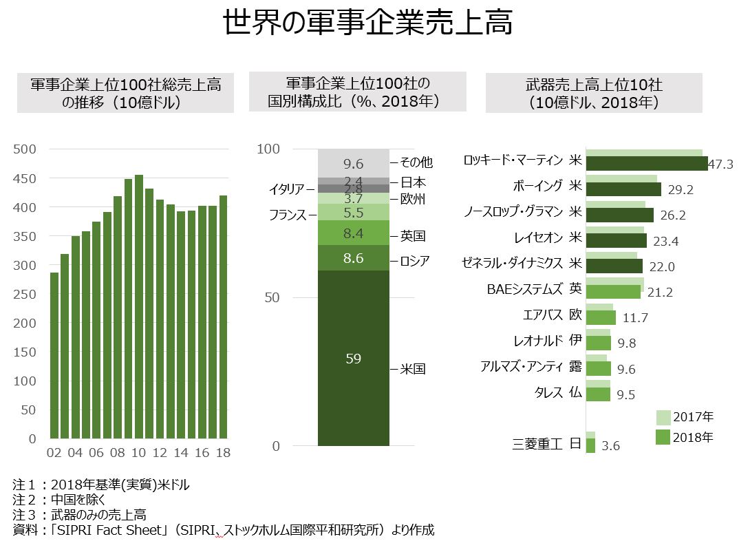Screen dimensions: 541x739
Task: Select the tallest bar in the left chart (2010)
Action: click(x=139, y=306)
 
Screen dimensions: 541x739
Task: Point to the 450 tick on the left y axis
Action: click(x=27, y=178)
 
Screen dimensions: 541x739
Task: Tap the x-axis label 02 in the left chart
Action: click(x=54, y=454)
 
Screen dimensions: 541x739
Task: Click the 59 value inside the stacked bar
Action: click(x=354, y=359)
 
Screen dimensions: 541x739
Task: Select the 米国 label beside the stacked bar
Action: click(x=413, y=370)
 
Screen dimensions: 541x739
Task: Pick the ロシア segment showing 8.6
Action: click(x=354, y=258)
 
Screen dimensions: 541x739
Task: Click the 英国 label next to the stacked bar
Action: click(x=413, y=236)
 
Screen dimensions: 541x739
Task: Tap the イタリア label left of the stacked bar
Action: click(x=292, y=188)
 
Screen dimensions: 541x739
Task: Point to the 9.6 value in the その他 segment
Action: click(x=354, y=164)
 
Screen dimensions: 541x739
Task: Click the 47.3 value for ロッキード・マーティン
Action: click(x=721, y=165)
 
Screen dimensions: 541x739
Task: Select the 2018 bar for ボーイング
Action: click(x=623, y=189)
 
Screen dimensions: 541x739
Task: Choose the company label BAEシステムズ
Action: click(x=524, y=290)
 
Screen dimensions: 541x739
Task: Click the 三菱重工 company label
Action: click(x=538, y=444)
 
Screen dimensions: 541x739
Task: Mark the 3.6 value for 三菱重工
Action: click(x=610, y=446)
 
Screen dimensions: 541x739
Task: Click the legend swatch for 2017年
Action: click(x=663, y=417)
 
